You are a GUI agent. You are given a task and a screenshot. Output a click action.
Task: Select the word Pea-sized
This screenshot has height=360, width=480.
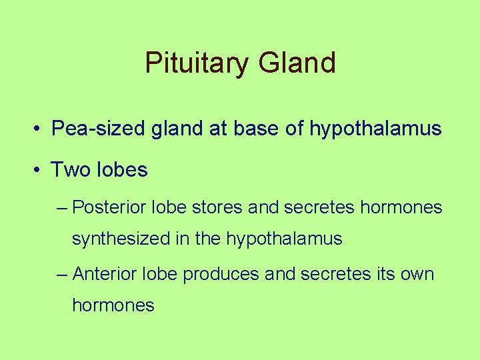(94, 129)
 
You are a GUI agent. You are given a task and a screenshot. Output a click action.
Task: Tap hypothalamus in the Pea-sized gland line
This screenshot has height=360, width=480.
(375, 129)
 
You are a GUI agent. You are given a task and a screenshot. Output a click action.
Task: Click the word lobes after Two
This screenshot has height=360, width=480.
(121, 170)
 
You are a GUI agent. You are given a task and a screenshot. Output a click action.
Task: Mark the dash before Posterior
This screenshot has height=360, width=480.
(63, 208)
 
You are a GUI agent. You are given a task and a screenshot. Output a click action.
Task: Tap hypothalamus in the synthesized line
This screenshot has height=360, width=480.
(284, 239)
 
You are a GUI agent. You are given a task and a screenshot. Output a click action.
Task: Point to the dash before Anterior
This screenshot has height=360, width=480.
(63, 274)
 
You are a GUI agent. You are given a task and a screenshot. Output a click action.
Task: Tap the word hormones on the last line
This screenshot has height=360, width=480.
(113, 305)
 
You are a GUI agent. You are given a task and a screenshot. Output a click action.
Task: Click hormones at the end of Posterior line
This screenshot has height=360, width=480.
(401, 208)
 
